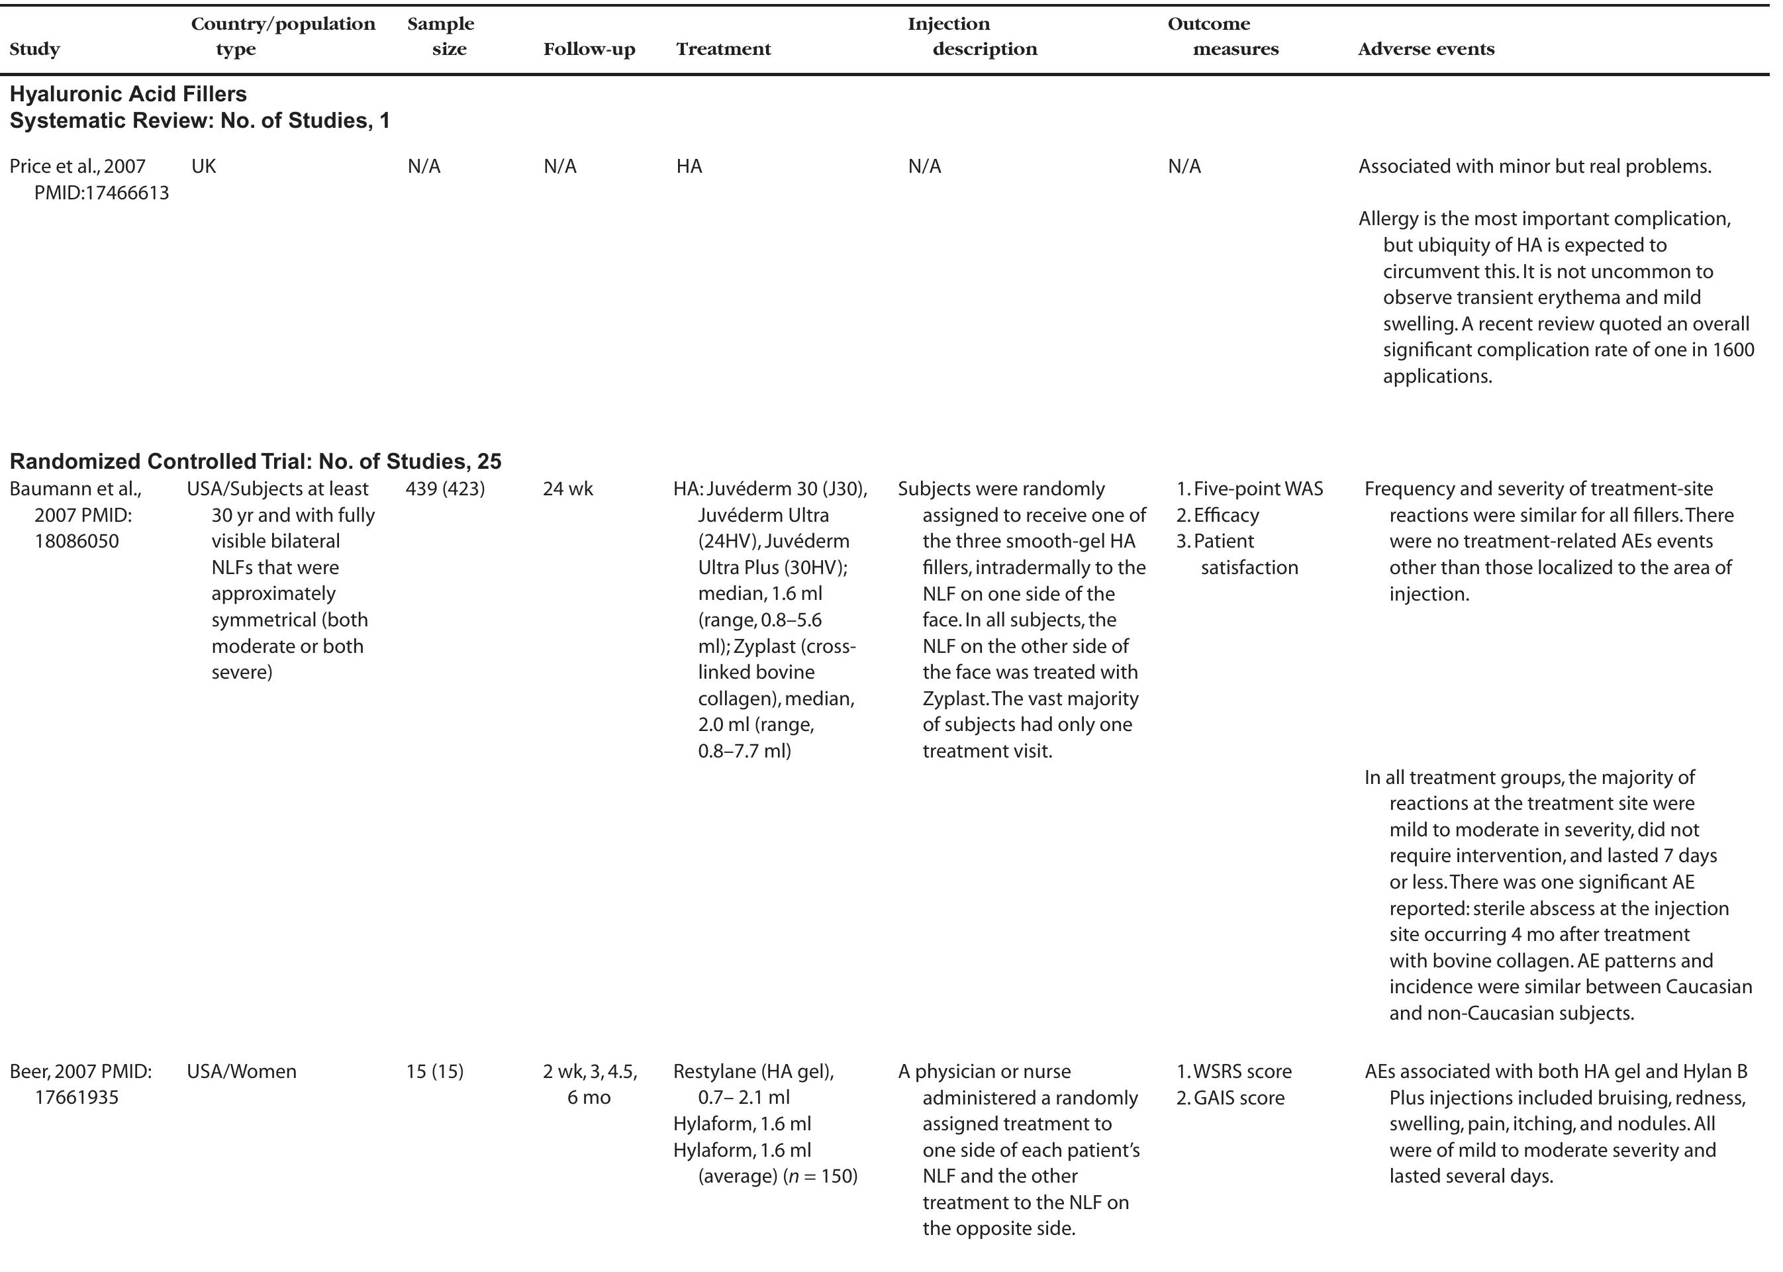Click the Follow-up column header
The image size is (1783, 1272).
589,50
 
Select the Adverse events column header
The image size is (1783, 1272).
1425,50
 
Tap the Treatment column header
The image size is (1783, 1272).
723,50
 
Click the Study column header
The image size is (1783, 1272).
34,50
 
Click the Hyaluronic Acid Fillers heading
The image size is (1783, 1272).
128,94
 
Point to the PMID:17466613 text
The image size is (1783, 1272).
101,193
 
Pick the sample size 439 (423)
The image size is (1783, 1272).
445,489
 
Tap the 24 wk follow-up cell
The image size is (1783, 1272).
567,489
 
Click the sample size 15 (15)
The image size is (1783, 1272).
434,1071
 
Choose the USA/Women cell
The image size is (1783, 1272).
241,1071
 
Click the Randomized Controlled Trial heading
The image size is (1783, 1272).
256,462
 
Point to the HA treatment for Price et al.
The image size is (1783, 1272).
689,167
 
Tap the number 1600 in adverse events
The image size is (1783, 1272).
1733,350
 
